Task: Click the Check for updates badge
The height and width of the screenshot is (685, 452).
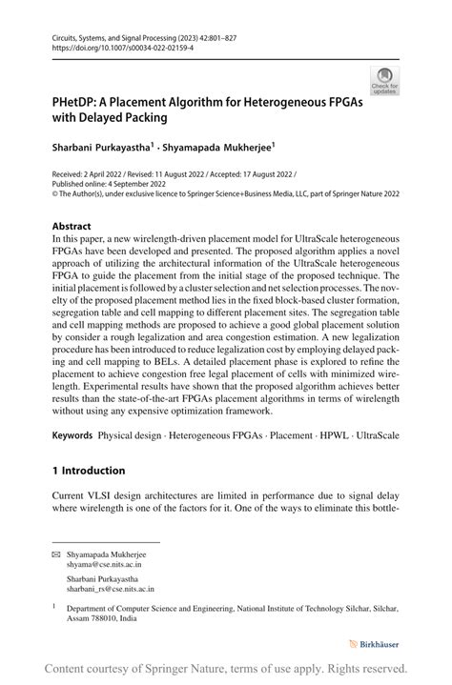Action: click(x=385, y=81)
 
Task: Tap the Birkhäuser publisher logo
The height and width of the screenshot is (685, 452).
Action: click(x=375, y=644)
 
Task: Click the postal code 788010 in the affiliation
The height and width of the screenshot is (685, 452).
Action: click(x=104, y=617)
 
